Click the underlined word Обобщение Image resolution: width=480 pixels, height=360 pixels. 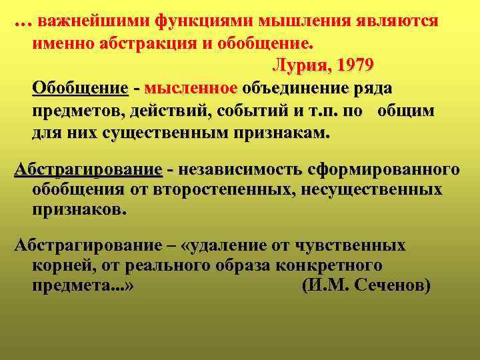pyautogui.click(x=80, y=89)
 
